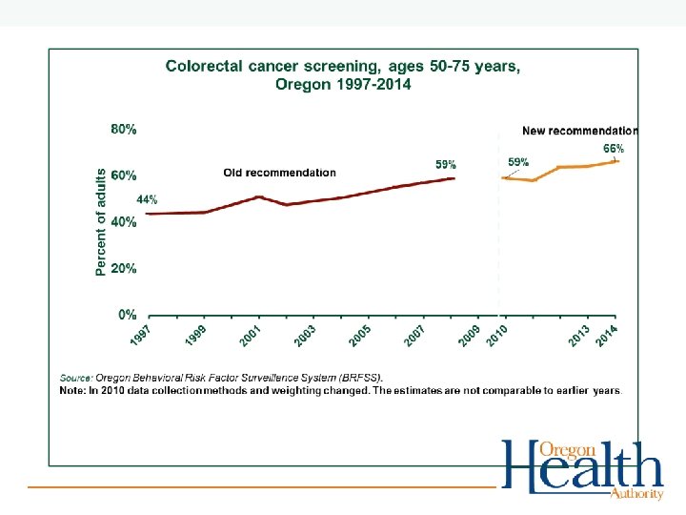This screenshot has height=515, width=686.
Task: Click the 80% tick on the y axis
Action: point(124,130)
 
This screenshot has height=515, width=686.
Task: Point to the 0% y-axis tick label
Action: point(127,314)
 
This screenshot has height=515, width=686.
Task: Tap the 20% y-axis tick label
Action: point(124,268)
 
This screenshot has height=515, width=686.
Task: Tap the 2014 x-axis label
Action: point(606,335)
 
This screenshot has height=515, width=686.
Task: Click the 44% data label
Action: point(147,200)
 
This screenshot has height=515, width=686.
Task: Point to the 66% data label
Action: point(614,149)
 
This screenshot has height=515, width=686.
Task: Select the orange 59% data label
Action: point(518,162)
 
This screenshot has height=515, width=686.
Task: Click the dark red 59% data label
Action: point(446,165)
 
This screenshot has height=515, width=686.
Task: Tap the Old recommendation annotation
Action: point(279,173)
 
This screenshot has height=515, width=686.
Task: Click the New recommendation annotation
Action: point(580,131)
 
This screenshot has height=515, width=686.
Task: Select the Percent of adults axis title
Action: point(101,222)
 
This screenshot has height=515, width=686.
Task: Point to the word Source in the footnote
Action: point(77,379)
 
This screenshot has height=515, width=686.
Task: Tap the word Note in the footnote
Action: point(71,390)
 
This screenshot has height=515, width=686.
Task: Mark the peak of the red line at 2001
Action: point(259,196)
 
